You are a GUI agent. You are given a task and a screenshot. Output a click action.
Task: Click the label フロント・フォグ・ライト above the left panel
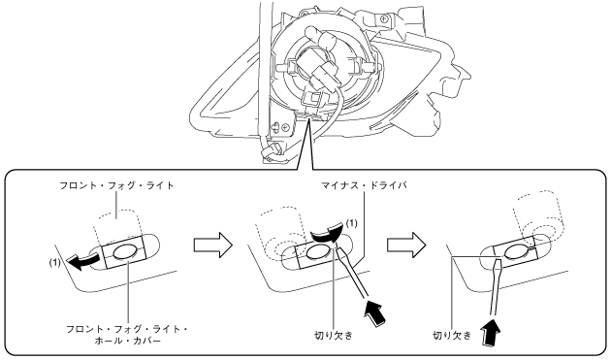tap(116, 185)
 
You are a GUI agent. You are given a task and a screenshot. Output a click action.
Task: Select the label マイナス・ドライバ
tap(364, 185)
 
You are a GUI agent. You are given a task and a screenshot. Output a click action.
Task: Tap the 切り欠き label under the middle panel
tap(334, 335)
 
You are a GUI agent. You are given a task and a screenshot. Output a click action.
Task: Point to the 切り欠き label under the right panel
tap(452, 335)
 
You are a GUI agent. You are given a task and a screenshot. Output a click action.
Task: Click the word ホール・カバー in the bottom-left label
tap(127, 341)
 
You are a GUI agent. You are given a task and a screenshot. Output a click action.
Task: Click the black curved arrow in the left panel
tap(82, 262)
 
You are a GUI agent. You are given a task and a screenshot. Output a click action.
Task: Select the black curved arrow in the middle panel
tap(328, 233)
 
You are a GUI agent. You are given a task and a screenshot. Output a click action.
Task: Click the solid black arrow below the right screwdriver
tap(492, 333)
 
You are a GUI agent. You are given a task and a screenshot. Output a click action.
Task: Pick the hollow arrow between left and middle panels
tap(212, 245)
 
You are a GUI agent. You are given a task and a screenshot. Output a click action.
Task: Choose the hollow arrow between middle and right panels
tap(406, 245)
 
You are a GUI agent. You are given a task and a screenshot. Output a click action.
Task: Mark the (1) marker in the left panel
tap(55, 263)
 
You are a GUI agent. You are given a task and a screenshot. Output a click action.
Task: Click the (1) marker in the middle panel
tap(351, 223)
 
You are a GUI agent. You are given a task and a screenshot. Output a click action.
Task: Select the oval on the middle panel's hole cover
tap(317, 253)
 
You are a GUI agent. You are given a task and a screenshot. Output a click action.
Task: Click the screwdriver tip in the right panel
tap(498, 259)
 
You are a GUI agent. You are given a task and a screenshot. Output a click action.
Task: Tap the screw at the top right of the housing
tap(385, 17)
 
